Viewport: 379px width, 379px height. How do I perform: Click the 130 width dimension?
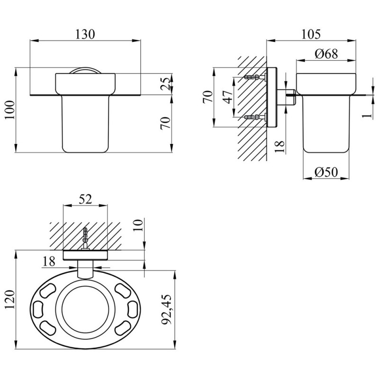(85, 34)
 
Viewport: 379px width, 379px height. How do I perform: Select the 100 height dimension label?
(10, 110)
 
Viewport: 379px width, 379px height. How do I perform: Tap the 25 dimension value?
(166, 84)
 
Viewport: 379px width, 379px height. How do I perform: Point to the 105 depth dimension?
(311, 34)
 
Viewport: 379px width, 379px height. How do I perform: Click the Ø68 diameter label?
(326, 54)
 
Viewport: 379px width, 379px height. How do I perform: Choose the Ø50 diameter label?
(326, 172)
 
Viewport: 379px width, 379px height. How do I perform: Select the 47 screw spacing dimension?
(228, 97)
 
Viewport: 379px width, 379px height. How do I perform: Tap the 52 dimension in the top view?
(86, 199)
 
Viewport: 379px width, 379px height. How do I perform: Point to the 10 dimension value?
(138, 225)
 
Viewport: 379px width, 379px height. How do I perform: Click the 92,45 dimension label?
(166, 309)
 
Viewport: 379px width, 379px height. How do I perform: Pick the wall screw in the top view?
(85, 238)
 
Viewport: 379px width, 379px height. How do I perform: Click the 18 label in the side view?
(280, 147)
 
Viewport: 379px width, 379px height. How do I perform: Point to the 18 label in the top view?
(49, 262)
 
